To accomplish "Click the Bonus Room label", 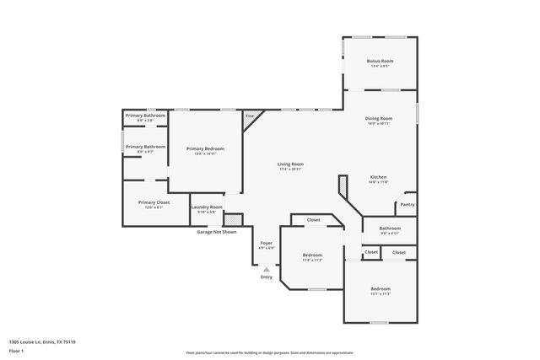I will [379, 62].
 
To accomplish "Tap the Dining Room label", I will [379, 118].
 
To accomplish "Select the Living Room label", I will [291, 164].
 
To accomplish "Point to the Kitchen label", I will [379, 176].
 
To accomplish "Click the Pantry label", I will [408, 204].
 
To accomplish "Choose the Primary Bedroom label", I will [205, 148].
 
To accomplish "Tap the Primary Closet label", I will [154, 202].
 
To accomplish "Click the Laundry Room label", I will [207, 207].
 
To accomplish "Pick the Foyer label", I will [266, 243].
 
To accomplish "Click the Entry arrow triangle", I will [267, 269].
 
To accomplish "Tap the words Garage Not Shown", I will [217, 231].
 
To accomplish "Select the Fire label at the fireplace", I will [250, 116].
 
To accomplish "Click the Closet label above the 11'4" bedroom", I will [313, 220].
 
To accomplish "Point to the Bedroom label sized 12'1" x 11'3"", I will [380, 288].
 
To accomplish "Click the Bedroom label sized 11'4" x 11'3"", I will [312, 255].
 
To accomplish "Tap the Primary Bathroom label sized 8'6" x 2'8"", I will [145, 116].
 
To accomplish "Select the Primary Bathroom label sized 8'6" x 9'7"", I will [145, 147].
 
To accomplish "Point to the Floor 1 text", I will [16, 352].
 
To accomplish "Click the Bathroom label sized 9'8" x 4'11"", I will [390, 228].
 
